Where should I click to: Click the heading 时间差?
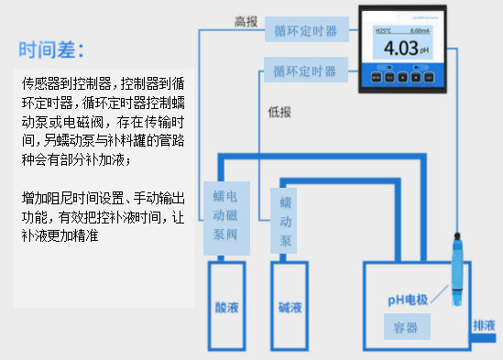coord(56,48)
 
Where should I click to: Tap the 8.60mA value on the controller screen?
coord(421,31)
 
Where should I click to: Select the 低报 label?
coord(279,112)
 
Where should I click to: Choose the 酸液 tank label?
coord(224,308)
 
